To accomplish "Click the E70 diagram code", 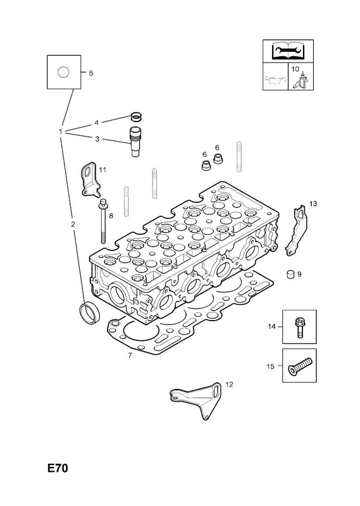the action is coord(58,468).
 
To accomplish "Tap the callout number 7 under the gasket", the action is coord(130,355).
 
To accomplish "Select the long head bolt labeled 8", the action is coord(102,221).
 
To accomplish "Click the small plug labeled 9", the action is coord(290,274).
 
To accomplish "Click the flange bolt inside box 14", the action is coord(299,327).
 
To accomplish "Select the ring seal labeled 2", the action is coord(89,312).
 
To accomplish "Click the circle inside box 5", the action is coord(63,72).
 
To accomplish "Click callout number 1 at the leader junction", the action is coord(60,132).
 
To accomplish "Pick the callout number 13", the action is coord(313,204).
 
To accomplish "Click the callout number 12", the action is coord(229,385).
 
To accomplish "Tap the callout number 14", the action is coord(271,326).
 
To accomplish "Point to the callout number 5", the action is coord(91,73).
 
